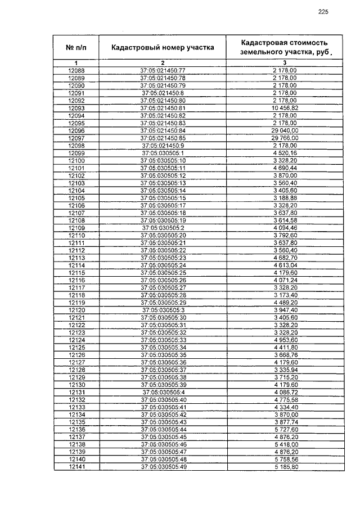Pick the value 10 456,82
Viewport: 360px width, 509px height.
pos(285,108)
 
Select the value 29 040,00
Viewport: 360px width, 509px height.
pos(285,130)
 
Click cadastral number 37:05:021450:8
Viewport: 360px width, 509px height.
pos(163,93)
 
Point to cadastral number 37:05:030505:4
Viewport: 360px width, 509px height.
pos(163,392)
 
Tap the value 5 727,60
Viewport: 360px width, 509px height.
pos(285,429)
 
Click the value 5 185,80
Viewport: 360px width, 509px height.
pos(285,467)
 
